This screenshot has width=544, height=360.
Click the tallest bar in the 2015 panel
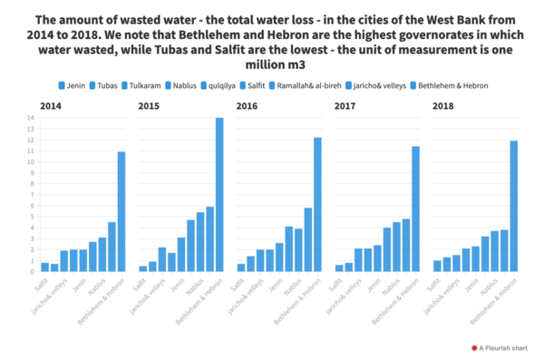point(219,195)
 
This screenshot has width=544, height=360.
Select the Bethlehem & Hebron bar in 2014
point(121,212)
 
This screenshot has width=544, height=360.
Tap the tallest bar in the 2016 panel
point(317,205)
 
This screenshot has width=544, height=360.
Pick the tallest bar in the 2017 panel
point(415,209)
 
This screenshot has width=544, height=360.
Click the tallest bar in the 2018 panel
point(513,207)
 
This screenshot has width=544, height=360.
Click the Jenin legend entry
point(72,85)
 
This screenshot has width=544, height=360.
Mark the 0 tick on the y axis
point(32,272)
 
